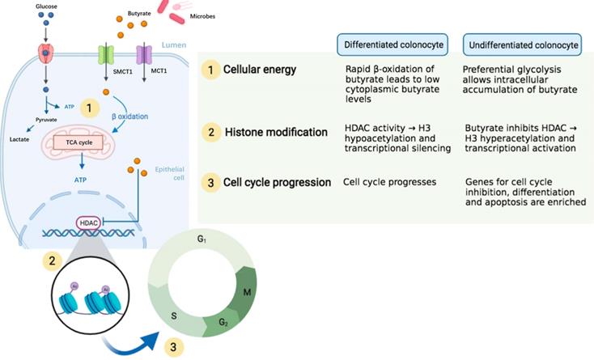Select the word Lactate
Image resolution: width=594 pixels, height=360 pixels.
tap(21, 139)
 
